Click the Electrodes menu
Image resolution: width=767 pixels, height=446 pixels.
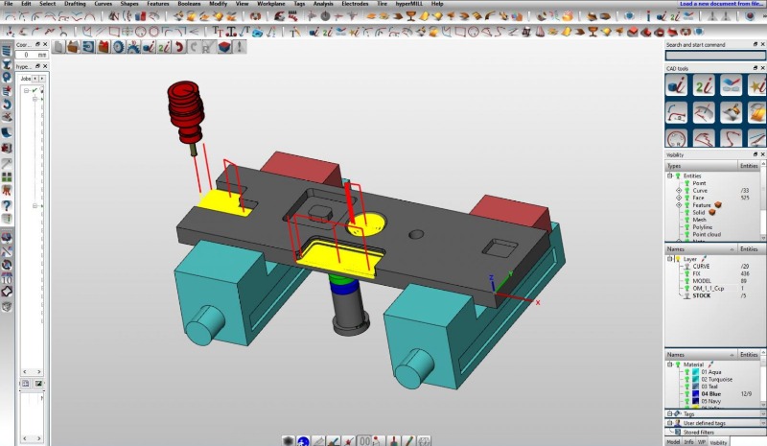click(354, 4)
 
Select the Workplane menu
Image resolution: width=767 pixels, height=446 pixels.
click(271, 4)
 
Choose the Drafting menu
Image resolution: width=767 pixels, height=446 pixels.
click(75, 4)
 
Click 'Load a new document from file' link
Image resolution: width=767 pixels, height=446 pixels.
click(721, 4)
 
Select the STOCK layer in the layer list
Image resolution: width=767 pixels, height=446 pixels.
click(703, 295)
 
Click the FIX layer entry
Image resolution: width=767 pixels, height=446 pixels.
click(697, 273)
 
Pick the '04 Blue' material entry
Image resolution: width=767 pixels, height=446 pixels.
click(709, 393)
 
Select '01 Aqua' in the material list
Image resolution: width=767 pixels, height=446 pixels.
click(709, 371)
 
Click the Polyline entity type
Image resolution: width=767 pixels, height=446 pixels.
click(702, 226)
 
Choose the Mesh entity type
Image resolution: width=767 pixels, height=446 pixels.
click(699, 219)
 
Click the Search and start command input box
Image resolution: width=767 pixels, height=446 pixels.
click(714, 56)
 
